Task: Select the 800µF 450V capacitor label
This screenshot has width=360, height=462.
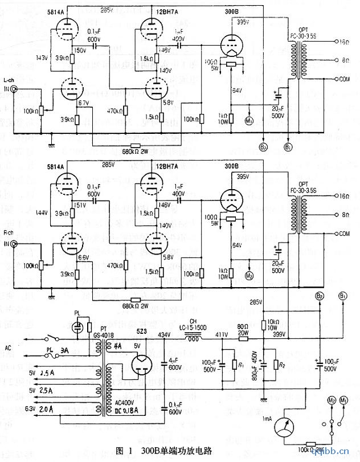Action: [255, 365]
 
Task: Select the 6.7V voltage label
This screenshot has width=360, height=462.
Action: [83, 103]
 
